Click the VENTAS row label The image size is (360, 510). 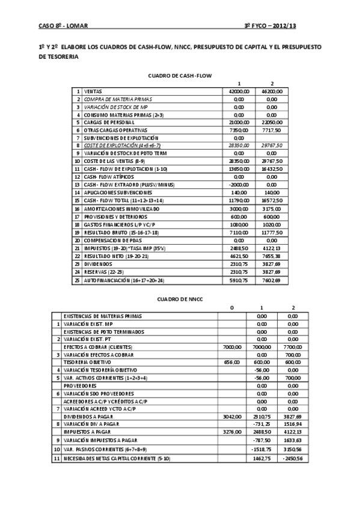point(93,90)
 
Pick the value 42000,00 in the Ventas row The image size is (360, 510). point(239,90)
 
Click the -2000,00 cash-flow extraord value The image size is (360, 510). point(239,184)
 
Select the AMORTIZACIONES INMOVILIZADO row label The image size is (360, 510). point(114,207)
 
